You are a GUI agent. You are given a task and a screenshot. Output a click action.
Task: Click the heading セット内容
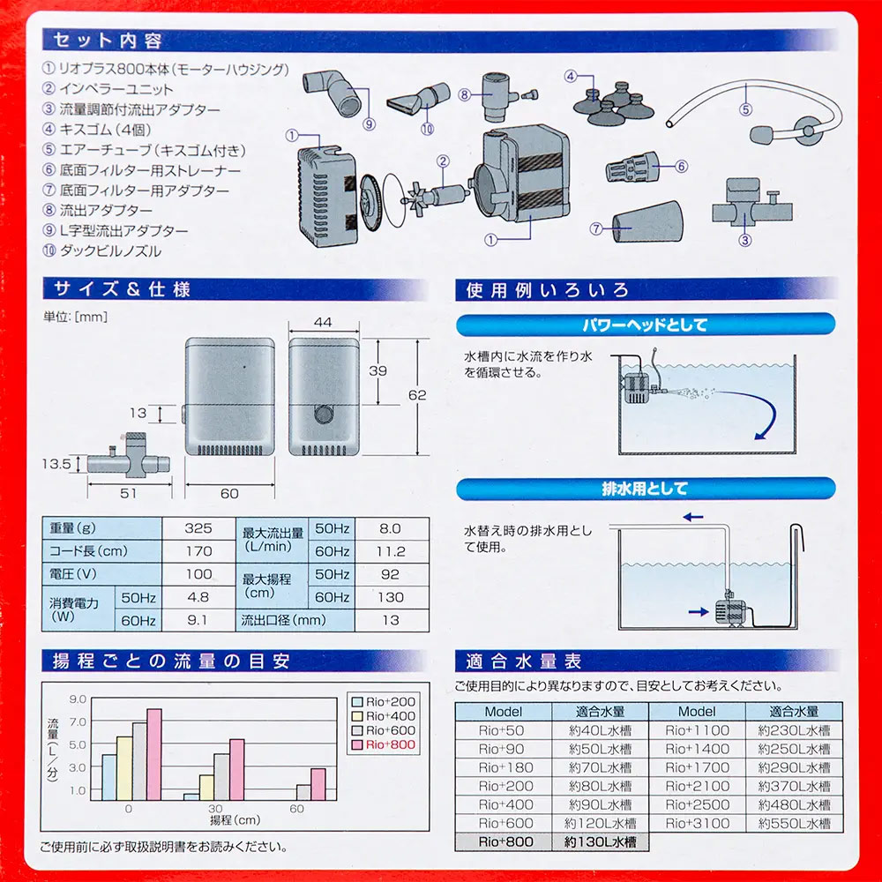pos(108,41)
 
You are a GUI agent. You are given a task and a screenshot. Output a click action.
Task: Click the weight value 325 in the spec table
pos(198,528)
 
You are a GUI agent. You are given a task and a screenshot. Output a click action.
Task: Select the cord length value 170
pos(198,551)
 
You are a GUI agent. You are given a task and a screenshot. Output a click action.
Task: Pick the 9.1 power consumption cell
pos(198,620)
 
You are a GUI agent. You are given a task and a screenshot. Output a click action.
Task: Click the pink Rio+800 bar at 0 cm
pos(154,754)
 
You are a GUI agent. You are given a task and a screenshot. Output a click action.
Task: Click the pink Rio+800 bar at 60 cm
pos(318,784)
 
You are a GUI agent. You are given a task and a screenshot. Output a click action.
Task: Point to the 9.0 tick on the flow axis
pos(78,699)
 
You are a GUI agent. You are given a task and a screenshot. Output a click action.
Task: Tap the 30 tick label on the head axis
pos(213,809)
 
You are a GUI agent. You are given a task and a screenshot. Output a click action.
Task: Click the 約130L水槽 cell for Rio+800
pos(600,841)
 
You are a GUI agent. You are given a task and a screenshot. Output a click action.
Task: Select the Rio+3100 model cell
pos(697,823)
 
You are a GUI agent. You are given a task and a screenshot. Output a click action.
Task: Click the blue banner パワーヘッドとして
pos(646,325)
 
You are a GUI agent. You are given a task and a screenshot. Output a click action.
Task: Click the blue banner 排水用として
pos(646,488)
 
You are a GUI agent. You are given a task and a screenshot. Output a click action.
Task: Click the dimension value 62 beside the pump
pos(417,395)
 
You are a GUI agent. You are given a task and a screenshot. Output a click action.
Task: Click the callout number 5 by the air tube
pos(745,111)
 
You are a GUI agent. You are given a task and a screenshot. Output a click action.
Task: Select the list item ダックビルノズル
pos(110,250)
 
